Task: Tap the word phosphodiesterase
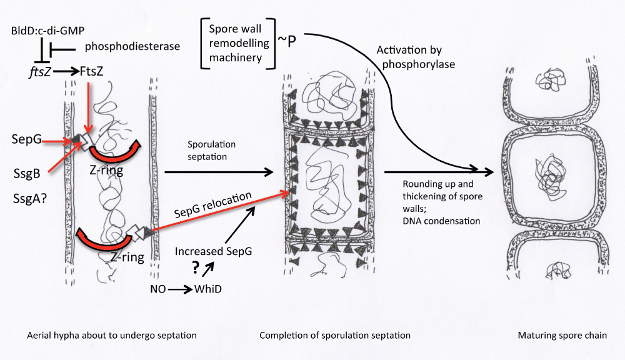(124, 46)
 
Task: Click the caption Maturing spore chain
(562, 336)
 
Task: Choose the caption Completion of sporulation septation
(335, 336)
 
